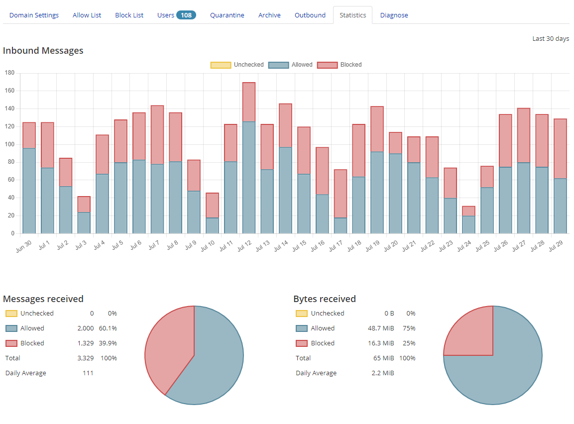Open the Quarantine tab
click(x=227, y=15)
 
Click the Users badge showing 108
click(x=186, y=15)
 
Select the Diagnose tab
click(x=394, y=15)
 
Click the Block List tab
click(x=129, y=15)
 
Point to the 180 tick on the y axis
click(x=9, y=73)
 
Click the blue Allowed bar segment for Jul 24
click(x=468, y=224)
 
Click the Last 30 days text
click(x=551, y=39)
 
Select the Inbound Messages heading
click(x=43, y=51)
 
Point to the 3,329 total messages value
click(x=85, y=358)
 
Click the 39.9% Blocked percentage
click(x=109, y=343)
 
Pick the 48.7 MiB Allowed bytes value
click(x=381, y=328)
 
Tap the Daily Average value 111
click(x=88, y=373)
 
